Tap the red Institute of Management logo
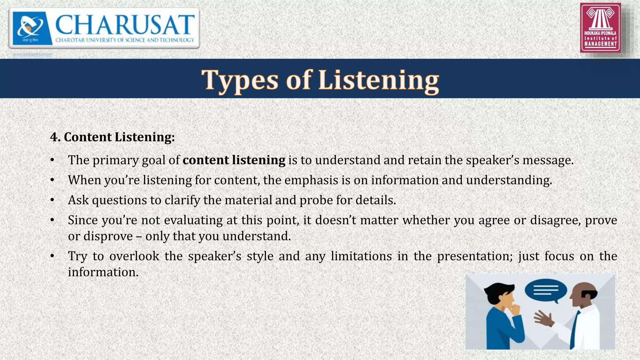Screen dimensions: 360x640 pyautogui.click(x=600, y=27)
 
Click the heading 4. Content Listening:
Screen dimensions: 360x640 pyautogui.click(x=112, y=137)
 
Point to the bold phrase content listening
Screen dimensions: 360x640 pyautogui.click(x=234, y=160)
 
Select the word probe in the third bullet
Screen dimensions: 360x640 pyautogui.click(x=316, y=200)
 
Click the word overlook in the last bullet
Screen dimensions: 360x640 pyautogui.click(x=134, y=256)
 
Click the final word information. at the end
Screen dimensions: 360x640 pyautogui.click(x=103, y=272)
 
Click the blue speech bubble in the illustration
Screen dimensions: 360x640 pyautogui.click(x=546, y=290)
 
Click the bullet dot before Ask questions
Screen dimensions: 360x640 pyautogui.click(x=52, y=200)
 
